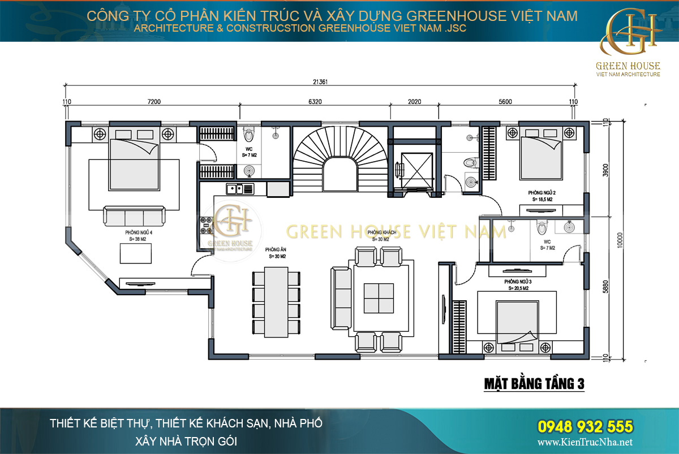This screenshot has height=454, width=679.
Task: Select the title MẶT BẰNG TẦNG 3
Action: [534, 384]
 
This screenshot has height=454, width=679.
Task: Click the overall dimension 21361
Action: [320, 81]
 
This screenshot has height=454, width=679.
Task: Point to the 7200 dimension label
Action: [154, 102]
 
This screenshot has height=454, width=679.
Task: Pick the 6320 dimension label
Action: [315, 102]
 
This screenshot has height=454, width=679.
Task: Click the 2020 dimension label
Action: [415, 102]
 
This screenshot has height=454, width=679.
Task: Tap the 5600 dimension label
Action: [505, 102]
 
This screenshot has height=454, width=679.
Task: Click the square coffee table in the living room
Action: [379, 298]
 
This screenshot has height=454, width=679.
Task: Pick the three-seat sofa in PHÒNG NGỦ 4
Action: [134, 216]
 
